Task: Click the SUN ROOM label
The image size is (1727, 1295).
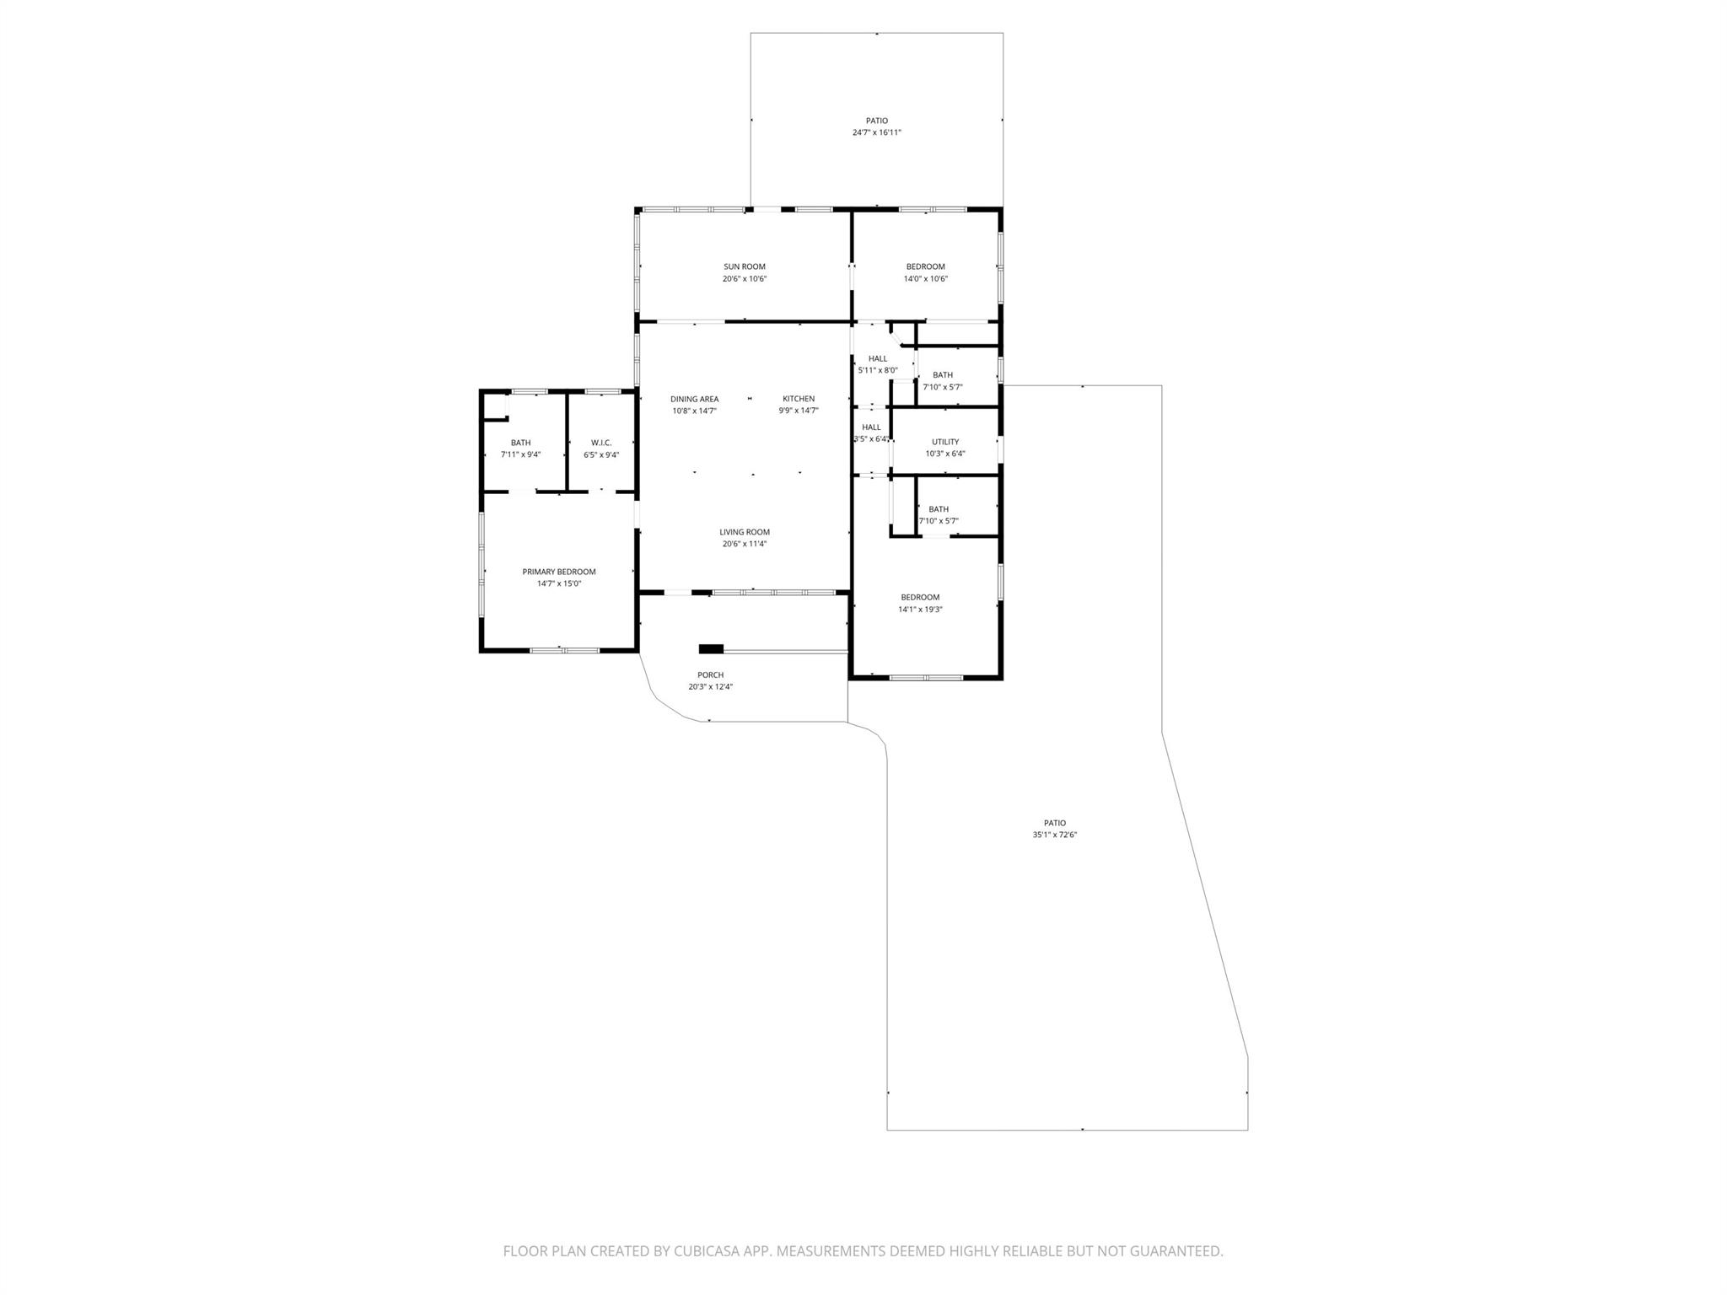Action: coord(744,266)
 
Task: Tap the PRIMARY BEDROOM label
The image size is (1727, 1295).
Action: coord(558,572)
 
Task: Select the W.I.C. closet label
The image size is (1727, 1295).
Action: coord(600,443)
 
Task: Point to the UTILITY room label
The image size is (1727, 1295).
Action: coord(944,442)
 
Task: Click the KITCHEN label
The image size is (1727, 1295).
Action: coord(798,399)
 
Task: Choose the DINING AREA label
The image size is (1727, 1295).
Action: coord(694,399)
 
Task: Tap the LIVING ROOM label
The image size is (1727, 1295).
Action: coord(744,532)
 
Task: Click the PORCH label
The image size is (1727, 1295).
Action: coord(710,674)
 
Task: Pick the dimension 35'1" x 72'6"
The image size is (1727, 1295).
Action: coord(1054,835)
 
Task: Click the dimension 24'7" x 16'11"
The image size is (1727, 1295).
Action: coord(876,132)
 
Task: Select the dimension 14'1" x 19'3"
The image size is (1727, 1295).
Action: coord(919,609)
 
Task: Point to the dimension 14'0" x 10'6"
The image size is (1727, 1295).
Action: coord(925,278)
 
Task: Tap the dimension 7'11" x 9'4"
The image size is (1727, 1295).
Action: coord(520,454)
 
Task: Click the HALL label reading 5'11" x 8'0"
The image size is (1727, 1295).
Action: coord(877,358)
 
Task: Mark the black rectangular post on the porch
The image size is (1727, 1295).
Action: coord(711,648)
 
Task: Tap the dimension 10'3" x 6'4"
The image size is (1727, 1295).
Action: coord(944,454)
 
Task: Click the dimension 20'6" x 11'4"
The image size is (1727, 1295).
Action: coord(744,544)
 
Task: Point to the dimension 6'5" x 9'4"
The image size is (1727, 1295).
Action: coord(600,454)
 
